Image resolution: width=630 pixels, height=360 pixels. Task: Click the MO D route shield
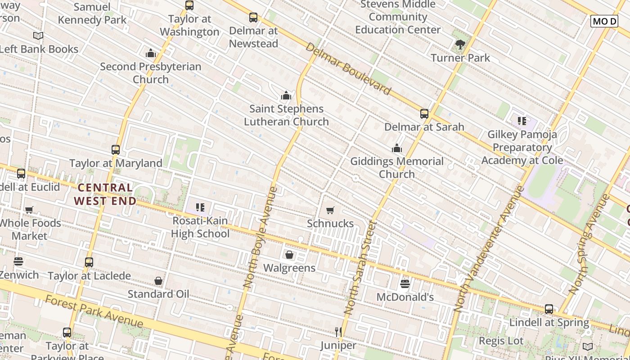pyautogui.click(x=604, y=21)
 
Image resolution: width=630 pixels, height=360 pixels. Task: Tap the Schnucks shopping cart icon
pyautogui.click(x=330, y=210)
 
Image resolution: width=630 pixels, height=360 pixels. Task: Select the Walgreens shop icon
pyautogui.click(x=289, y=255)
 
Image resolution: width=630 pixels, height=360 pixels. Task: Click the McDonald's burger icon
pyautogui.click(x=405, y=284)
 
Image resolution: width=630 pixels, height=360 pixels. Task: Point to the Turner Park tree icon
pyautogui.click(x=460, y=45)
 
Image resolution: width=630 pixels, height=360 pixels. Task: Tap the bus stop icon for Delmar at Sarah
pyautogui.click(x=424, y=114)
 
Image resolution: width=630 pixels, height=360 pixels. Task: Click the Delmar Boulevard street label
pyautogui.click(x=348, y=69)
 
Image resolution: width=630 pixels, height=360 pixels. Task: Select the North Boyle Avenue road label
pyautogui.click(x=260, y=237)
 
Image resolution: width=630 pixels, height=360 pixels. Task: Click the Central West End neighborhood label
pyautogui.click(x=105, y=194)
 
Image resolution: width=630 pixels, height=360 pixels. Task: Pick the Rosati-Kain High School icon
pyautogui.click(x=200, y=207)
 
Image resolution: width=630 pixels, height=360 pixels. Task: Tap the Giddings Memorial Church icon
pyautogui.click(x=397, y=148)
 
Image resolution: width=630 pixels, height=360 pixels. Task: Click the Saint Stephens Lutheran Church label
pyautogui.click(x=286, y=115)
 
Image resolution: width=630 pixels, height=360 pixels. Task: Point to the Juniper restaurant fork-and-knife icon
pyautogui.click(x=338, y=332)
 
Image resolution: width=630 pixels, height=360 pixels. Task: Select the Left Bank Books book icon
pyautogui.click(x=38, y=36)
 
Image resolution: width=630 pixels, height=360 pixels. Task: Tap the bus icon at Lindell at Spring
pyautogui.click(x=549, y=309)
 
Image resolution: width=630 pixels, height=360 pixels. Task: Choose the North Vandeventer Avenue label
pyautogui.click(x=488, y=248)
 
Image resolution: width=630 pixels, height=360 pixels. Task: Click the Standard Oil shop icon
pyautogui.click(x=158, y=281)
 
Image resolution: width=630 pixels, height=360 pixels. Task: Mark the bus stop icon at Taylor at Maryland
pyautogui.click(x=116, y=150)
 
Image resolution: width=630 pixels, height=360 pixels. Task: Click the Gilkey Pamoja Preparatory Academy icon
pyautogui.click(x=522, y=121)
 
